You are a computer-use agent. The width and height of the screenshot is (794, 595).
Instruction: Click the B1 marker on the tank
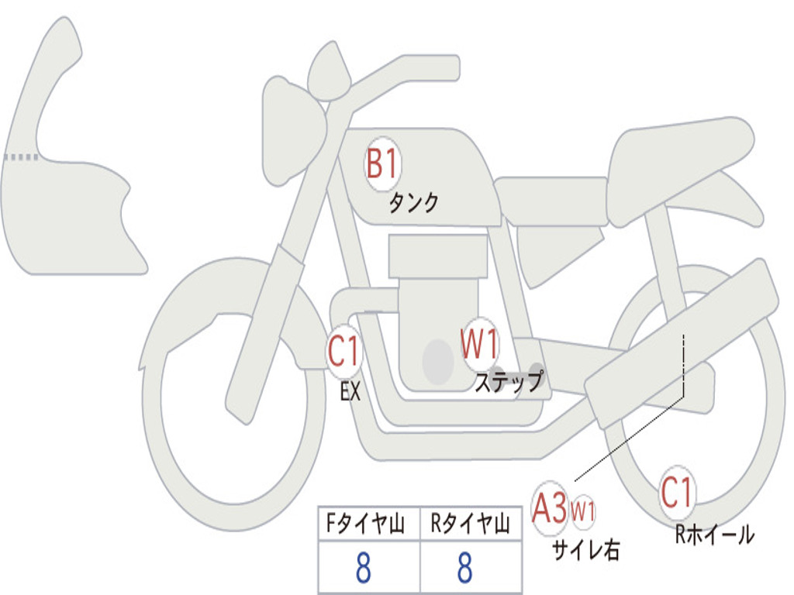tap(381, 163)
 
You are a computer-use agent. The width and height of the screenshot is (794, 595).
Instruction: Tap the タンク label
tap(413, 203)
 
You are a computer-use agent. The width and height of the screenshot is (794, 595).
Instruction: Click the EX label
tap(350, 392)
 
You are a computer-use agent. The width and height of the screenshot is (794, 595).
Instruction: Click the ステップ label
tap(509, 382)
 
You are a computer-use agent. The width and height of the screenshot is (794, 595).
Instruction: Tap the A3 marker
tap(551, 508)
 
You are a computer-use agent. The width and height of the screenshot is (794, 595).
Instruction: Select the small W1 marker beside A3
tap(583, 511)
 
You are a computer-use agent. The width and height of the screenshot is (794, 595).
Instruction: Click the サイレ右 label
tap(585, 549)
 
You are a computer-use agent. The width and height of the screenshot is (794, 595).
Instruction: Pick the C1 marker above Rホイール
tap(677, 492)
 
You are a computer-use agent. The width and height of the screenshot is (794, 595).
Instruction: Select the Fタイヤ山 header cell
tap(368, 525)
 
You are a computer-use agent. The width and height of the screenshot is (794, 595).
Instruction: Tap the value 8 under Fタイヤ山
tap(363, 568)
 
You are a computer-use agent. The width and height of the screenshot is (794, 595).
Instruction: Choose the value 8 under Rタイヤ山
tap(464, 568)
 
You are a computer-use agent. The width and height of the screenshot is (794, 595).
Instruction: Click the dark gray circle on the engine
tap(437, 361)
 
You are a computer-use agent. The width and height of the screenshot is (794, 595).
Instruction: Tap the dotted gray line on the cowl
tap(20, 156)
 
